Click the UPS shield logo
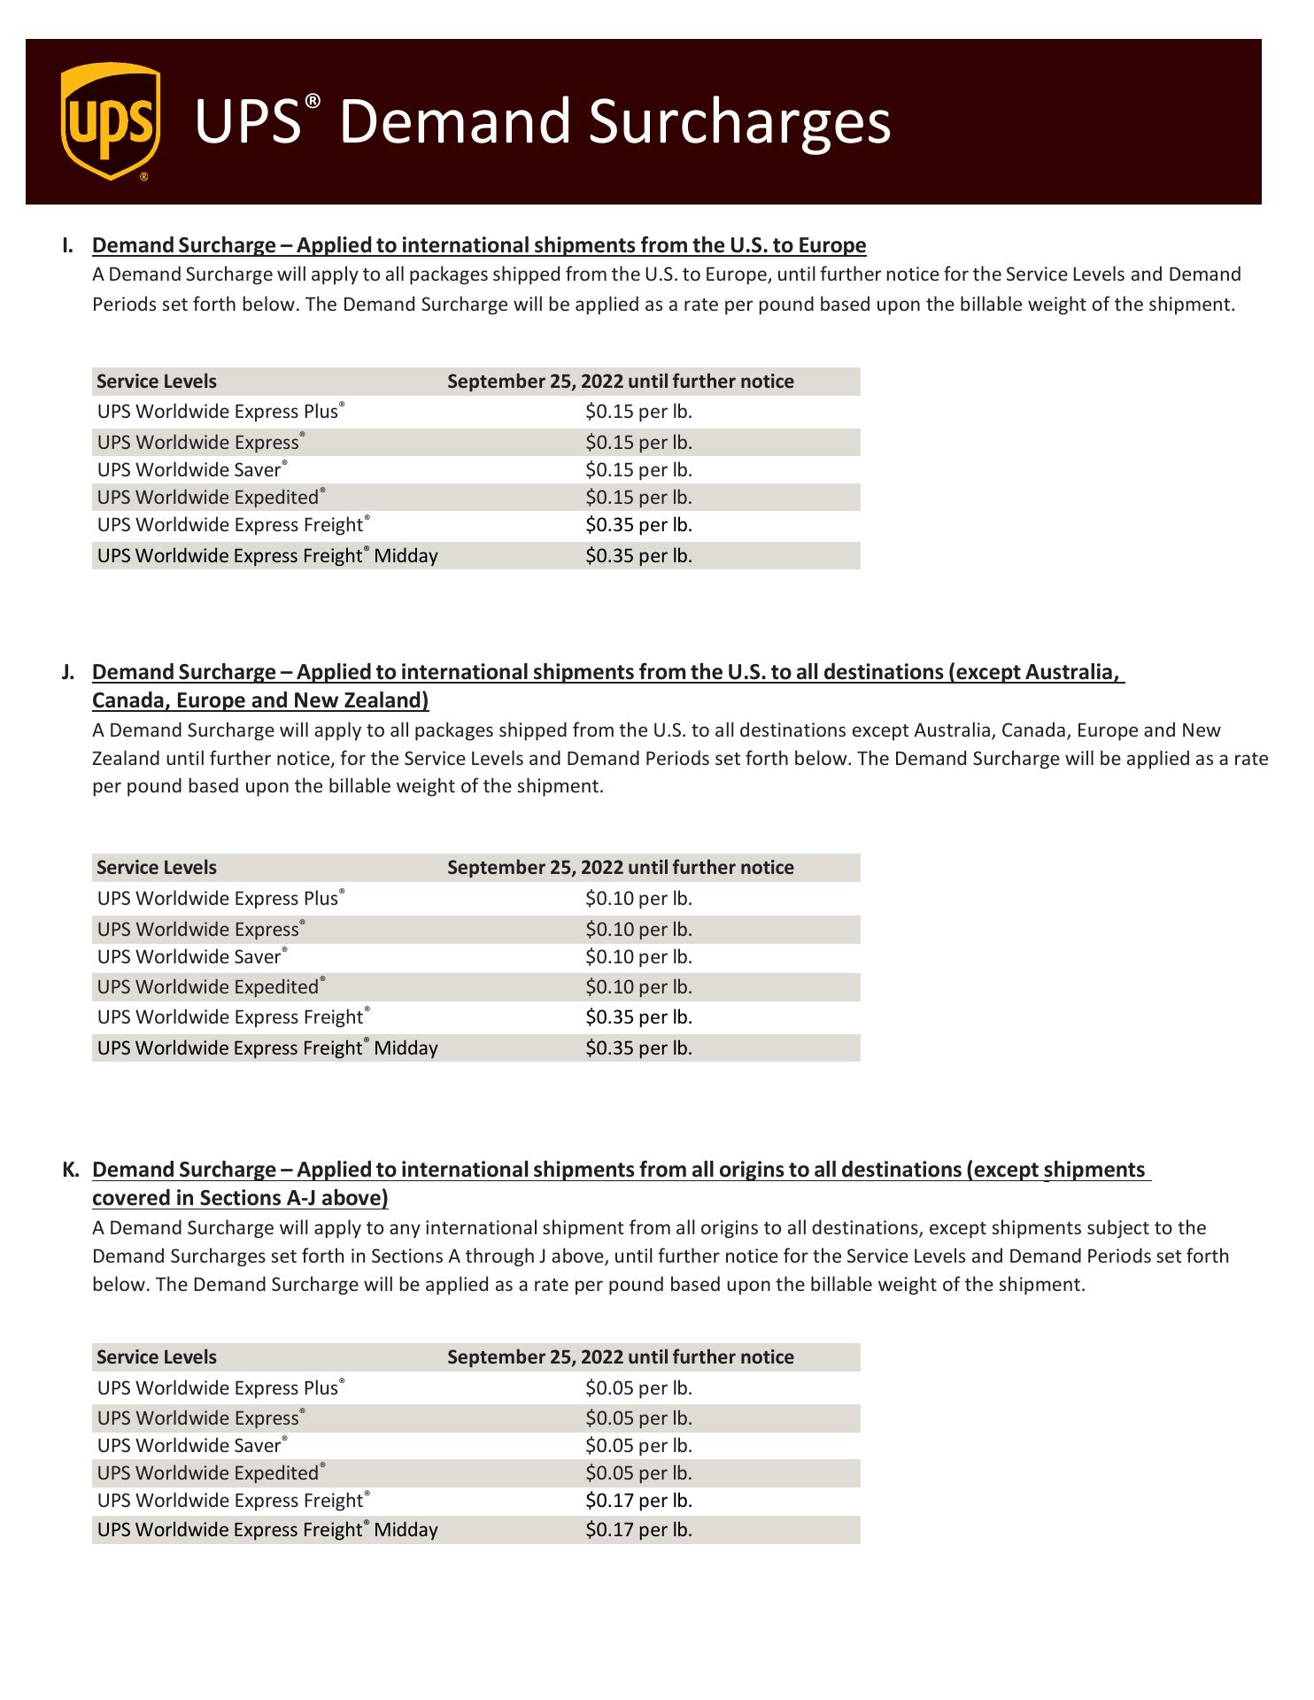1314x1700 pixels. pyautogui.click(x=111, y=121)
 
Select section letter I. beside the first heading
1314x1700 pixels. pyautogui.click(x=68, y=245)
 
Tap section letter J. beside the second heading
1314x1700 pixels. pyautogui.click(x=68, y=672)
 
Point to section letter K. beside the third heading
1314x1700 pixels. pyautogui.click(x=71, y=1170)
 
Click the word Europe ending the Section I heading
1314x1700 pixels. pyautogui.click(x=832, y=245)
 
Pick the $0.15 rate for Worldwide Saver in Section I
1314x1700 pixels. pyautogui.click(x=638, y=470)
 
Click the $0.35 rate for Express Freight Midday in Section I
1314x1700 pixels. pyautogui.click(x=638, y=556)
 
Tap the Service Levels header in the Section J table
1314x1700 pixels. pyautogui.click(x=157, y=868)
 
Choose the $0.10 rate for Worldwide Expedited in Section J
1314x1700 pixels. pyautogui.click(x=638, y=987)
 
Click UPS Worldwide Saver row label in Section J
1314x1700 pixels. pyautogui.click(x=190, y=957)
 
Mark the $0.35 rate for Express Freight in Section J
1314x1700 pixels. pyautogui.click(x=638, y=1017)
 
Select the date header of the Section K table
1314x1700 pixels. pyautogui.click(x=620, y=1357)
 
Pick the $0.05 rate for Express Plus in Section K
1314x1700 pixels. pyautogui.click(x=638, y=1388)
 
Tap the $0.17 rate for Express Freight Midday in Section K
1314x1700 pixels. pyautogui.click(x=638, y=1530)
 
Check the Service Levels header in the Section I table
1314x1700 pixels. pyautogui.click(x=157, y=382)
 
